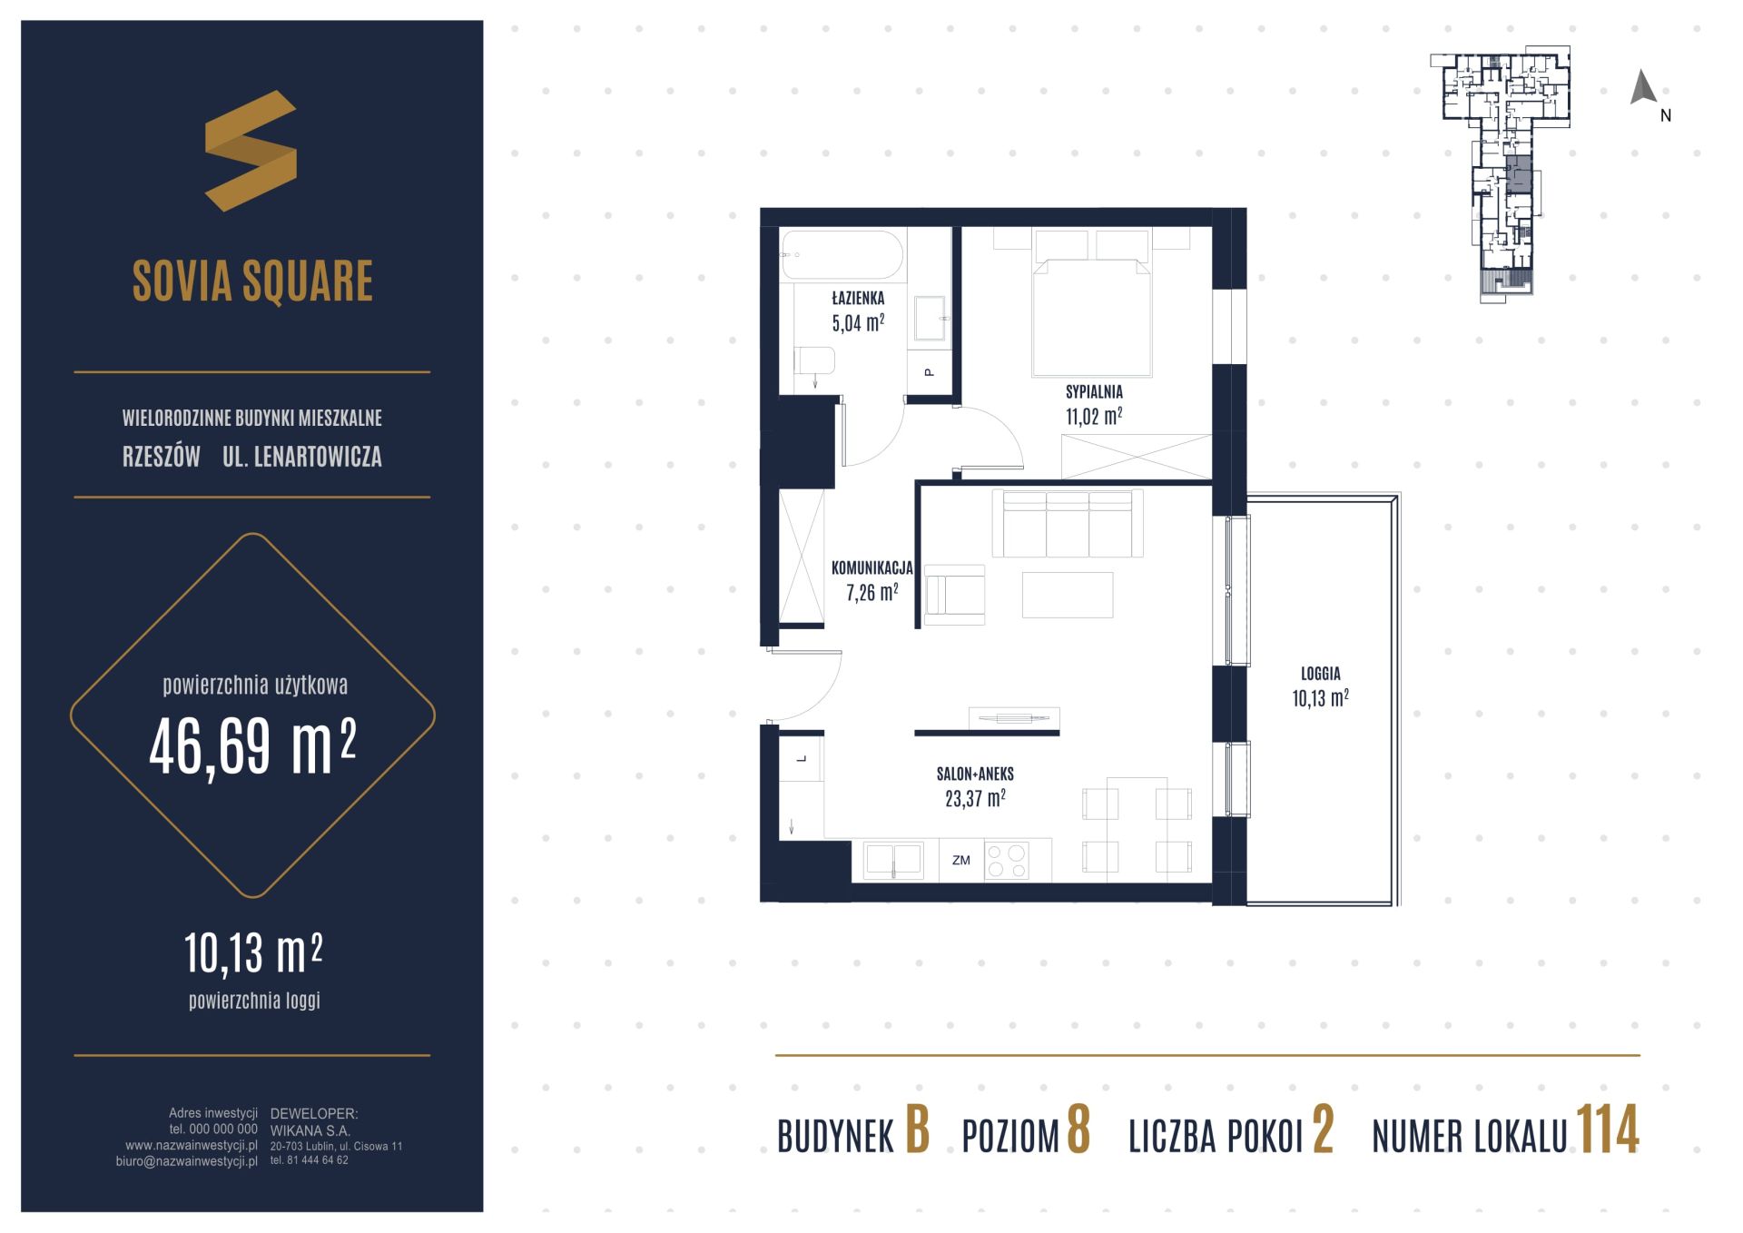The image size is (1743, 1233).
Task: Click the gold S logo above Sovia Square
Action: [x=251, y=151]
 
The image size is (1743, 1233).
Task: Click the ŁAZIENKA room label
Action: [x=858, y=298]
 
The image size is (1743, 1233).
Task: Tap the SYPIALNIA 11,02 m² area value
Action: [x=1094, y=417]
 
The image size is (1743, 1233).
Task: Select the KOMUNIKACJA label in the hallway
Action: [x=871, y=568]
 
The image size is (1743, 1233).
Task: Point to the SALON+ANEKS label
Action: [x=975, y=774]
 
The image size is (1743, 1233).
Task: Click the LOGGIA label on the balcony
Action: [x=1320, y=674]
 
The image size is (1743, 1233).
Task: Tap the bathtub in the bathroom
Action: [x=842, y=255]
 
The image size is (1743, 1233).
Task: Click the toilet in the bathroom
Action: [x=814, y=360]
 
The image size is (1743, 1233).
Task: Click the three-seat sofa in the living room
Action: [x=1068, y=523]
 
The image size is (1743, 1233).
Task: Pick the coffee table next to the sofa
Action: [x=1068, y=595]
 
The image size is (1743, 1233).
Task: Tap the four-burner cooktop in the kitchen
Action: [x=1007, y=861]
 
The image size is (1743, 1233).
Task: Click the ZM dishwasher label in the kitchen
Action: [x=961, y=861]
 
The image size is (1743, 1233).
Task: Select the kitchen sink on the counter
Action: [x=893, y=859]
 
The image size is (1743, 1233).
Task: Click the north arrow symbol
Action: [x=1643, y=87]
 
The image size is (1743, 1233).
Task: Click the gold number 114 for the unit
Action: [x=1608, y=1131]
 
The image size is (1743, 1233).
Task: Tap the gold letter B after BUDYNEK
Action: [x=917, y=1131]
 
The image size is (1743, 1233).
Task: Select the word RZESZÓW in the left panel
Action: [x=162, y=457]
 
